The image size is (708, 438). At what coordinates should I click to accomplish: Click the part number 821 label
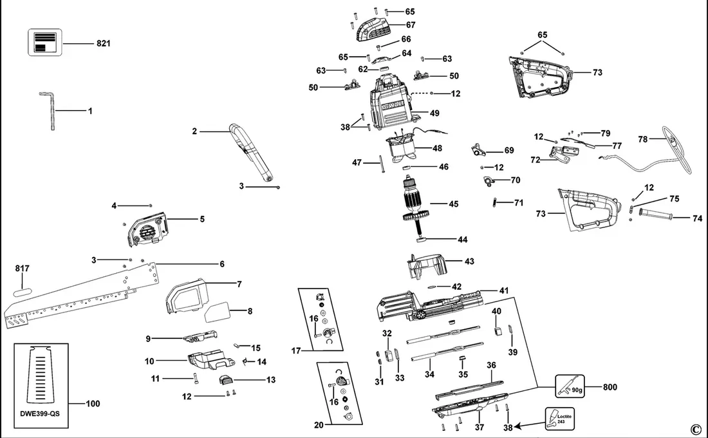click(x=104, y=44)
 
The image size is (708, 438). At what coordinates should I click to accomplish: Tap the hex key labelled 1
click(x=49, y=112)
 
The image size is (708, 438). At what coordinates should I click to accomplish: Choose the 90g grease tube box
click(x=569, y=387)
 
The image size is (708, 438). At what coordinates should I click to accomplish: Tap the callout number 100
click(x=93, y=404)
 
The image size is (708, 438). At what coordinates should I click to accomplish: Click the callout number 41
click(x=503, y=291)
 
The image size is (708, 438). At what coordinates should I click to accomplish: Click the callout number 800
click(x=610, y=387)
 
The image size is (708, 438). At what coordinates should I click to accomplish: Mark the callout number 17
click(x=296, y=351)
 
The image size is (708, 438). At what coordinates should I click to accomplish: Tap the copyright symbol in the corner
click(x=694, y=430)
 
